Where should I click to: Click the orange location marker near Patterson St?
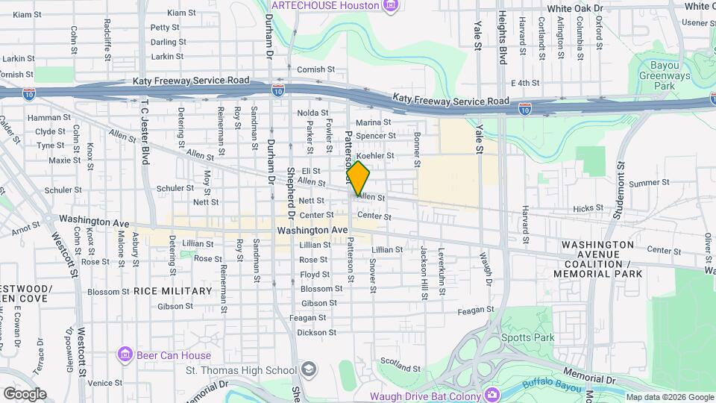point(358,178)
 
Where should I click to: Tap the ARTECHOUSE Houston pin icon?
point(390,6)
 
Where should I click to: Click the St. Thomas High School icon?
point(308,370)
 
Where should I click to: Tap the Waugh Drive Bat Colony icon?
point(491,393)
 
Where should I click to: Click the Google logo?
point(25,394)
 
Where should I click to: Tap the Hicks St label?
point(588,208)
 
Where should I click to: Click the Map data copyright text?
point(669,397)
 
